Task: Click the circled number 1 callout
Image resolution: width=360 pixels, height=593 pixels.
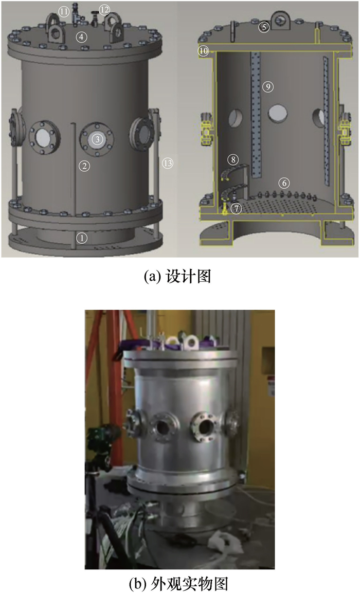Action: pyautogui.click(x=82, y=238)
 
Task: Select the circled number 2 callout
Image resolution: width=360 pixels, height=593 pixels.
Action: pyautogui.click(x=84, y=166)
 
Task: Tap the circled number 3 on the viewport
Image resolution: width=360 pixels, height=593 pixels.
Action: pyautogui.click(x=98, y=139)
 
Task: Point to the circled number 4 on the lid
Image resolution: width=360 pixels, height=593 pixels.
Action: pyautogui.click(x=81, y=37)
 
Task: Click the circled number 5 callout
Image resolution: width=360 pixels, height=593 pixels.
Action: pyautogui.click(x=264, y=27)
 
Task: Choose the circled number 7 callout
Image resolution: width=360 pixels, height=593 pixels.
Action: pyautogui.click(x=237, y=208)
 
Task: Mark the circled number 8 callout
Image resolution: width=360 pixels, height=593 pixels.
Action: pyautogui.click(x=233, y=159)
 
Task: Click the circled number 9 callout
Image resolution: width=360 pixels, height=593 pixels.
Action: pyautogui.click(x=268, y=86)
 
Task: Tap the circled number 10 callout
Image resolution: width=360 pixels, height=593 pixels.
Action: pyautogui.click(x=204, y=51)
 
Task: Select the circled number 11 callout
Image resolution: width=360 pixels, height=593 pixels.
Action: pyautogui.click(x=64, y=12)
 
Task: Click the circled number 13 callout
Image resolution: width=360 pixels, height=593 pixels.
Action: pyautogui.click(x=168, y=164)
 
